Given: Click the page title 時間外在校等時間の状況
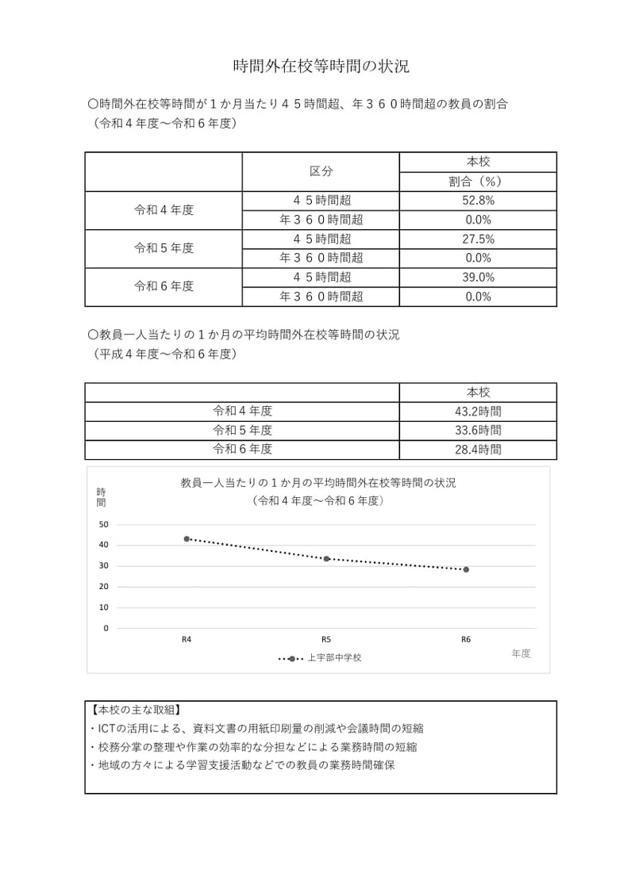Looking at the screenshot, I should [321, 67].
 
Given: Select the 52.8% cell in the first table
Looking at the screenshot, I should [478, 201].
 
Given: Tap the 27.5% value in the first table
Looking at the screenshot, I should [478, 239].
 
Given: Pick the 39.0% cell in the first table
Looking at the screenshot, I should [478, 278].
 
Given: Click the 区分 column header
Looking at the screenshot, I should [321, 171].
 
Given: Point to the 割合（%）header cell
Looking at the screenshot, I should [478, 182].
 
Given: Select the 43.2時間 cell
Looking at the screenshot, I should [478, 412].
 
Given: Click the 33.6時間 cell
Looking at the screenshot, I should [478, 431].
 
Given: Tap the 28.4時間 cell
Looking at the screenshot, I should [478, 450].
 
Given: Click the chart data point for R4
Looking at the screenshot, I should [187, 538].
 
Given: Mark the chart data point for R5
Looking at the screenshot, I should [326, 559].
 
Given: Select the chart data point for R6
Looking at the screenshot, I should [466, 569].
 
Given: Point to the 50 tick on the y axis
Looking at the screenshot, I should [103, 524].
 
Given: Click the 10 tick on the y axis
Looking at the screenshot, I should [103, 607].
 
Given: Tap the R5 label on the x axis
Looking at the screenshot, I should [326, 639].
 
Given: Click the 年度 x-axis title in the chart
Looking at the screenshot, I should [521, 653].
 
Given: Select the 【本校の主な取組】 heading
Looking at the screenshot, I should [136, 710].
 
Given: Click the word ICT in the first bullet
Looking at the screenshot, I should [107, 728].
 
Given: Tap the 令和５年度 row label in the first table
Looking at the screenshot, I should [164, 248].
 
